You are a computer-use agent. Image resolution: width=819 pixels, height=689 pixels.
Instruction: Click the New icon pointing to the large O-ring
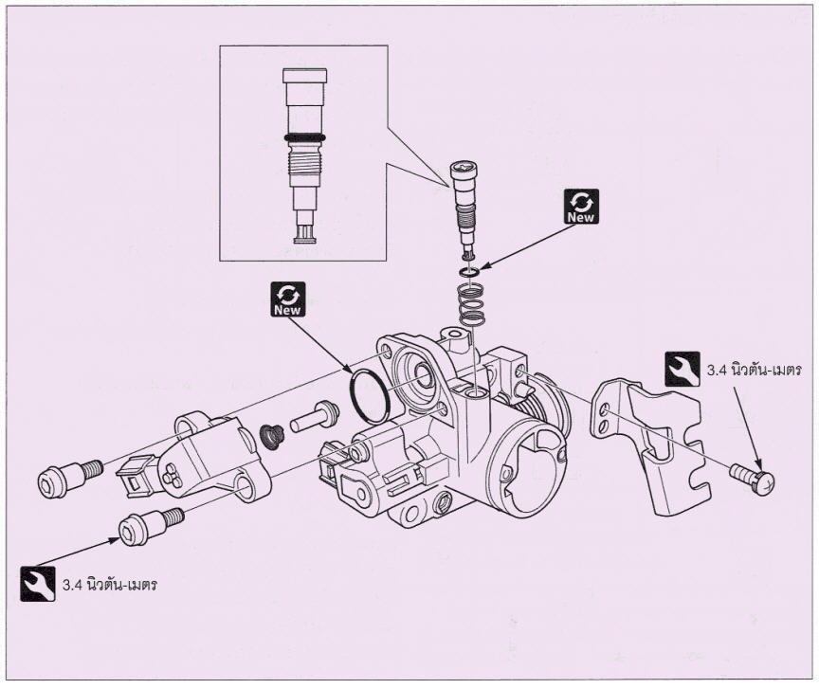(x=288, y=299)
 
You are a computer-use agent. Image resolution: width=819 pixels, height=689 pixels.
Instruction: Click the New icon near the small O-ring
(x=581, y=207)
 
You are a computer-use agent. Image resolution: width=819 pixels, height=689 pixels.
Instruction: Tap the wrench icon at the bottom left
(x=38, y=584)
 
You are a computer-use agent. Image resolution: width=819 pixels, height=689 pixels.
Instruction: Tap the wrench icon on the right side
(x=682, y=369)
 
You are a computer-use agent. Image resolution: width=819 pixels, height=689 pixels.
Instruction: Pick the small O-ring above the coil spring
(x=470, y=272)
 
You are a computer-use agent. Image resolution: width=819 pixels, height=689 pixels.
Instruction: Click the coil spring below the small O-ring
(x=470, y=305)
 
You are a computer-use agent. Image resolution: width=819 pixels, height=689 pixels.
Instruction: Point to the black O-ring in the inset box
(x=305, y=138)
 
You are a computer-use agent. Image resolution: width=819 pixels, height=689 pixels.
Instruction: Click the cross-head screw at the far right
(x=753, y=478)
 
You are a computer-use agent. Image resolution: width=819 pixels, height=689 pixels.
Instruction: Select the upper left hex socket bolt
(x=69, y=478)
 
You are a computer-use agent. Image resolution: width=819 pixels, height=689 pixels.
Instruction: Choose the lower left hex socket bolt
(x=151, y=527)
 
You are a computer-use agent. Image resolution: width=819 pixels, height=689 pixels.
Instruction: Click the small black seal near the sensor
(x=272, y=437)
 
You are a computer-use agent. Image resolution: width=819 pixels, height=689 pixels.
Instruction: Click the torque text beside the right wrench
(x=755, y=371)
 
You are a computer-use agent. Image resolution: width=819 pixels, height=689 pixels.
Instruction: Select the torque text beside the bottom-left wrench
(x=110, y=585)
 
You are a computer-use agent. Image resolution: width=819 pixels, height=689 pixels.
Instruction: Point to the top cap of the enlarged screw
(x=305, y=76)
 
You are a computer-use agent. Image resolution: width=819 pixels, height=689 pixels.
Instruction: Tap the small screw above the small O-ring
(x=464, y=209)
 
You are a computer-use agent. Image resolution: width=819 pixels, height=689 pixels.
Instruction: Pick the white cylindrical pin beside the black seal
(x=315, y=416)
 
